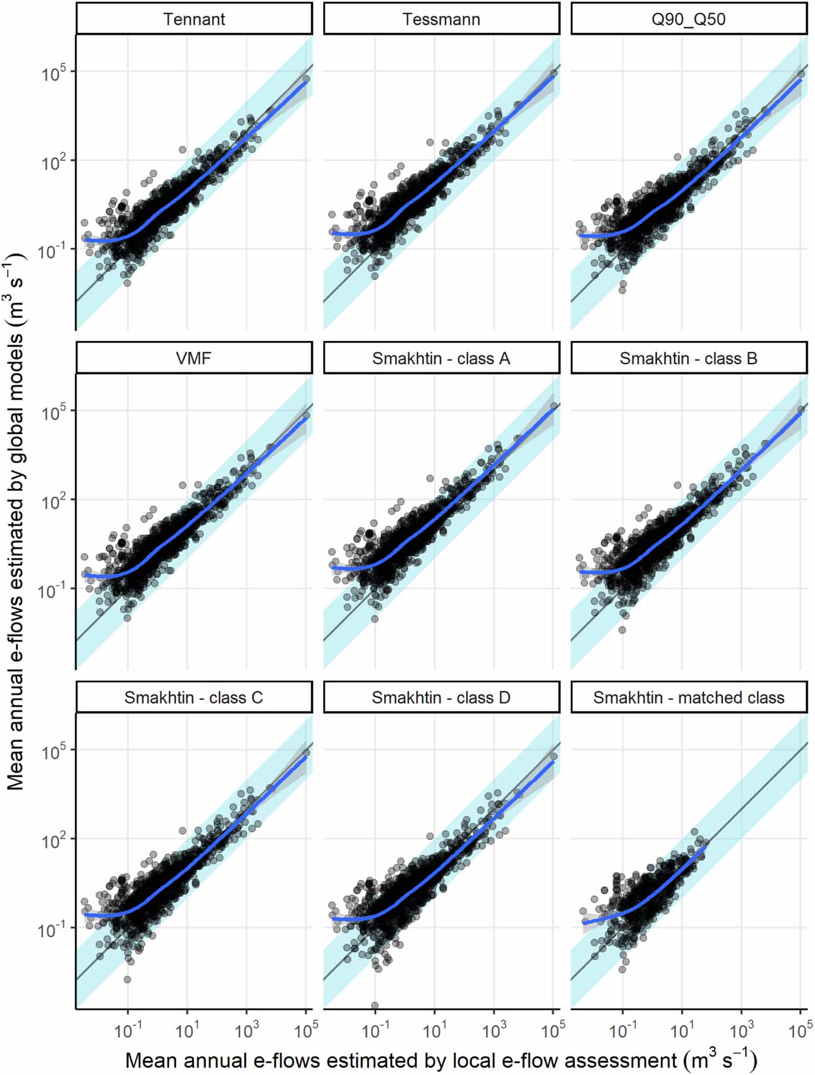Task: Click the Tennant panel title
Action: [194, 19]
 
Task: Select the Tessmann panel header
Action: [441, 19]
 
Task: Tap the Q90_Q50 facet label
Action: [688, 19]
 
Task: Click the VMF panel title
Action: [194, 359]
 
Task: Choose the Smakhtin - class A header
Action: [441, 359]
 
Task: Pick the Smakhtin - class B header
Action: [688, 359]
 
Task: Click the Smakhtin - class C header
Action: [194, 698]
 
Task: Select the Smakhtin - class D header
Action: [441, 698]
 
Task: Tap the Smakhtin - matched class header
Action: [688, 698]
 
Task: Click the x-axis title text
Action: [441, 1060]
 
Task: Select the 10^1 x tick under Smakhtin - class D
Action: [434, 1030]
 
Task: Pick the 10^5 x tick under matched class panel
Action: [800, 1030]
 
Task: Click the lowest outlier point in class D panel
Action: [375, 1005]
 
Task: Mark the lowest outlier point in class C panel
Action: [128, 980]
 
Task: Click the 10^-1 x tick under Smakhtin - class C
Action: [127, 1030]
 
